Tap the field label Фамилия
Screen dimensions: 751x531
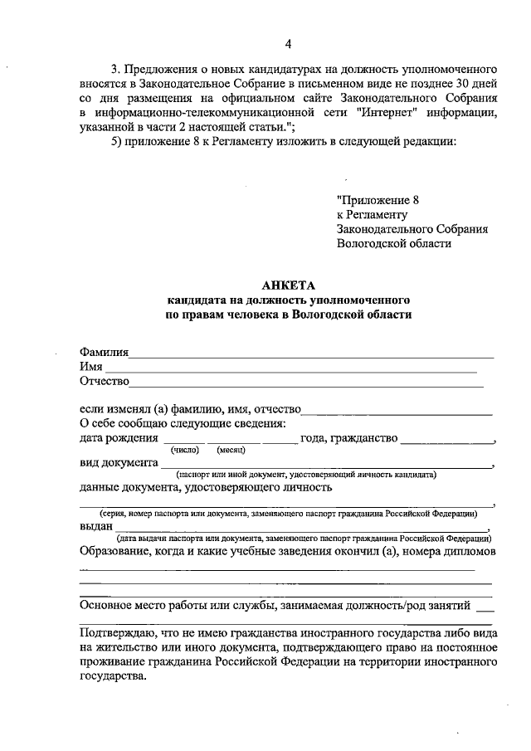(x=104, y=352)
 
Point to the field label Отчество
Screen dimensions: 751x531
(x=105, y=382)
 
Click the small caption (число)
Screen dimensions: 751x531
(x=184, y=449)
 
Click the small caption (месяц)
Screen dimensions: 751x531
(x=230, y=449)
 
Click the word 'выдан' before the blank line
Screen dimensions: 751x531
(x=96, y=526)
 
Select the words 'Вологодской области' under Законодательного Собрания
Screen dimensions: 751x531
(x=394, y=243)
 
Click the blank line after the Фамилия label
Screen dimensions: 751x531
(x=311, y=354)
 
